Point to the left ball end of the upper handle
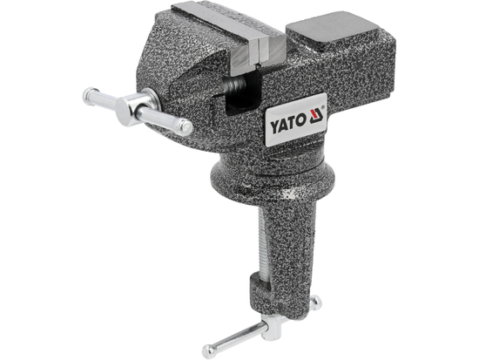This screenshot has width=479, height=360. tap(90, 95)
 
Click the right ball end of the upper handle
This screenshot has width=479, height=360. tap(185, 128)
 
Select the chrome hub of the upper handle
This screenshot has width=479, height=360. tap(136, 110)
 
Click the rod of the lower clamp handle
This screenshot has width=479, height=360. tap(244, 338)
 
